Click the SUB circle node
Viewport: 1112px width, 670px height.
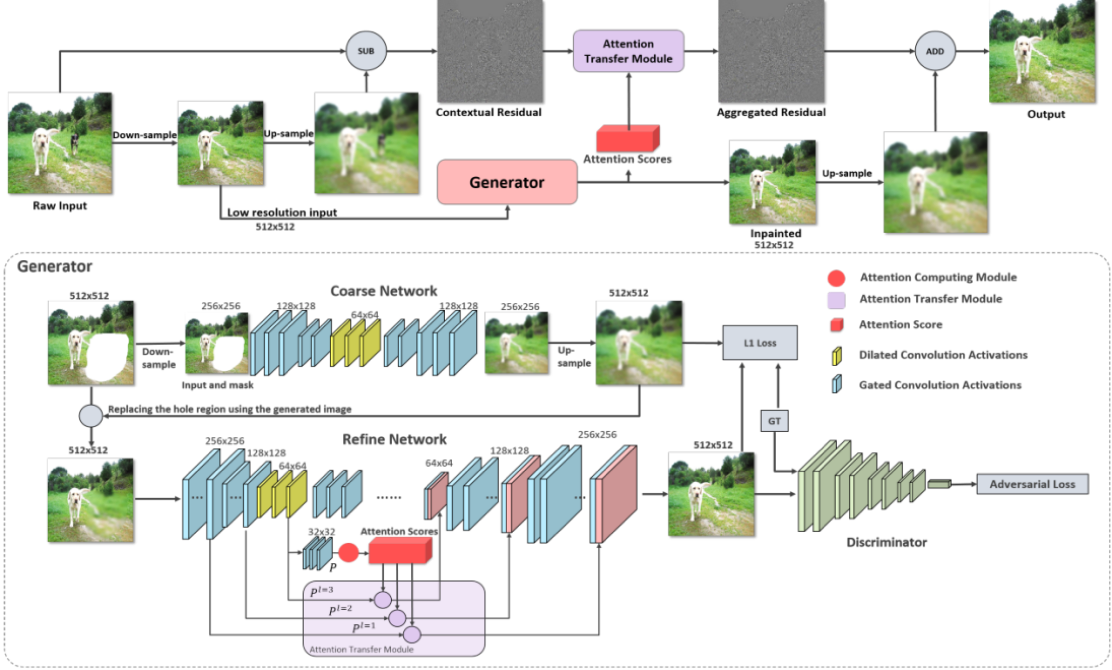point(366,51)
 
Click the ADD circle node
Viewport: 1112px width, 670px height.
point(935,51)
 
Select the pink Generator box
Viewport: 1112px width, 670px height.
point(507,182)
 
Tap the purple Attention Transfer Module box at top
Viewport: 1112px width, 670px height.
point(628,51)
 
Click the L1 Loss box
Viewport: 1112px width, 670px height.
point(759,343)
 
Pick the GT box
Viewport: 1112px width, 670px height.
point(774,421)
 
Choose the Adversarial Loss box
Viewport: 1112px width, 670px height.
point(1032,484)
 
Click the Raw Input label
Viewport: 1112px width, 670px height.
point(60,206)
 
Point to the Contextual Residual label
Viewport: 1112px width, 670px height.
point(489,113)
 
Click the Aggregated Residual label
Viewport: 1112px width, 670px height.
point(771,113)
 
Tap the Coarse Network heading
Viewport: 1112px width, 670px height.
point(383,291)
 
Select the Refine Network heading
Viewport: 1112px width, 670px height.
point(394,439)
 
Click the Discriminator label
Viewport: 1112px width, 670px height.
point(886,542)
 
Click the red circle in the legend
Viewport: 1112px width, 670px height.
point(836,278)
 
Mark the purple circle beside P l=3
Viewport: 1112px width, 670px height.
point(382,600)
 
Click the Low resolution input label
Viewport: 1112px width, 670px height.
point(282,212)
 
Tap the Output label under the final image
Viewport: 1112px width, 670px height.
point(1046,114)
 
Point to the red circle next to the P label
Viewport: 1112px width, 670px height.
point(349,553)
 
